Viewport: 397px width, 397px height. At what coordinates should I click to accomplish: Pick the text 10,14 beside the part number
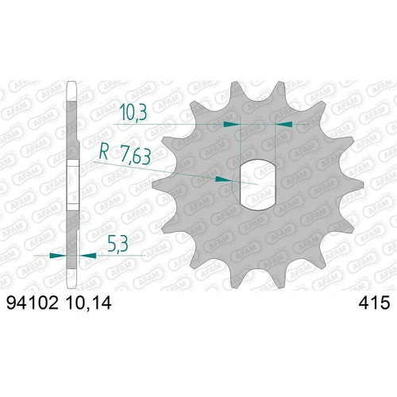(85, 303)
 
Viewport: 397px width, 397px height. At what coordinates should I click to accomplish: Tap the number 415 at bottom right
(372, 303)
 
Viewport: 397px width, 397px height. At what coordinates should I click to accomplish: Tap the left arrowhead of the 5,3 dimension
(57, 256)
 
